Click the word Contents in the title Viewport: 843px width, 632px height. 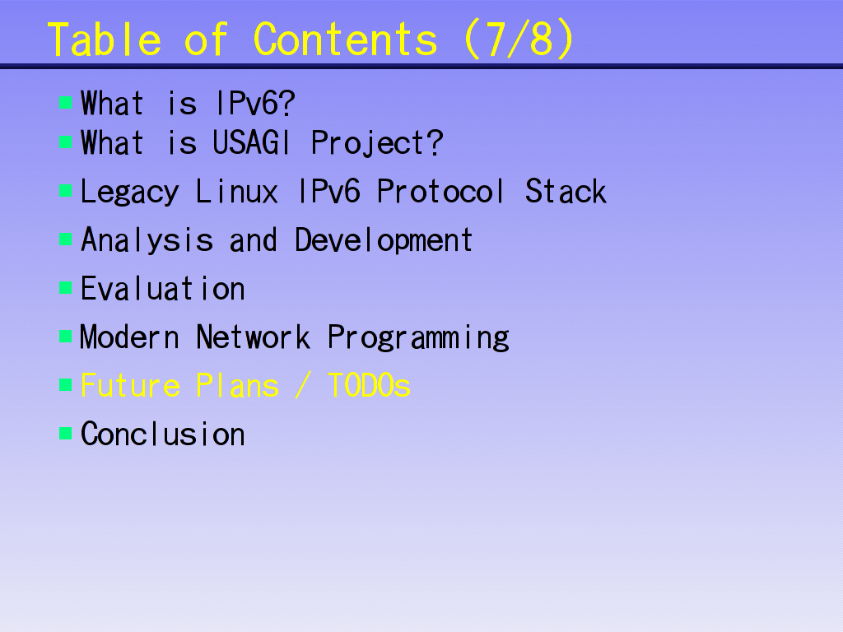(x=345, y=39)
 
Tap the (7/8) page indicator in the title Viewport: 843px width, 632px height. (x=519, y=39)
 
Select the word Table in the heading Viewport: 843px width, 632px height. (x=105, y=39)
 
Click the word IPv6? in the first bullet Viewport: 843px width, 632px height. (x=255, y=103)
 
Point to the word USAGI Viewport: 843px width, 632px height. (x=251, y=143)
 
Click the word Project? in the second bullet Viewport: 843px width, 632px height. (x=377, y=144)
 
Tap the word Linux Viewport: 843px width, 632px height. (x=237, y=191)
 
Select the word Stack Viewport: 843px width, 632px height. (x=566, y=191)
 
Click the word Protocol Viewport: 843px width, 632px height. (x=441, y=191)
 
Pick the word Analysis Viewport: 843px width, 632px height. (x=147, y=240)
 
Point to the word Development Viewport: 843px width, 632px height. (x=384, y=240)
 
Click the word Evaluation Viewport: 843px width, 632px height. (x=163, y=289)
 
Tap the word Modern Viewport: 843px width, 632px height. (x=129, y=337)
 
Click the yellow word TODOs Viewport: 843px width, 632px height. (x=370, y=385)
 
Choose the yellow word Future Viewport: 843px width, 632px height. (x=130, y=385)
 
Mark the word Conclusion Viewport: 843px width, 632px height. (x=163, y=434)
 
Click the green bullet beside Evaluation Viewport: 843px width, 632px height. (x=66, y=288)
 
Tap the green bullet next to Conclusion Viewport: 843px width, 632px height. (x=66, y=433)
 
